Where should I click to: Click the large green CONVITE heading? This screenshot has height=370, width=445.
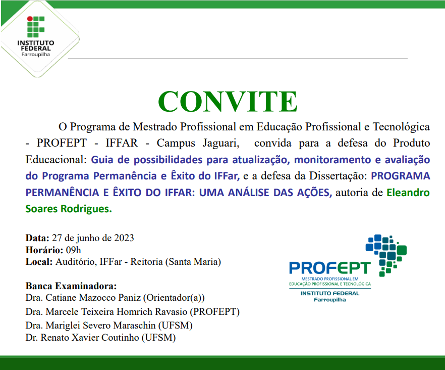228,102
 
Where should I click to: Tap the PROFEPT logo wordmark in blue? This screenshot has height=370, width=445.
329,268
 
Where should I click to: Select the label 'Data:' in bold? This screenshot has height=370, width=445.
37,238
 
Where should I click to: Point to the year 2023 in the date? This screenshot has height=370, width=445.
124,238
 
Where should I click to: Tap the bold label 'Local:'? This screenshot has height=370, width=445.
39,262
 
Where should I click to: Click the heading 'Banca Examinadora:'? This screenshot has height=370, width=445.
71,286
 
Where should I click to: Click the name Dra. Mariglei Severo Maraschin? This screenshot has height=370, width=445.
91,325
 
